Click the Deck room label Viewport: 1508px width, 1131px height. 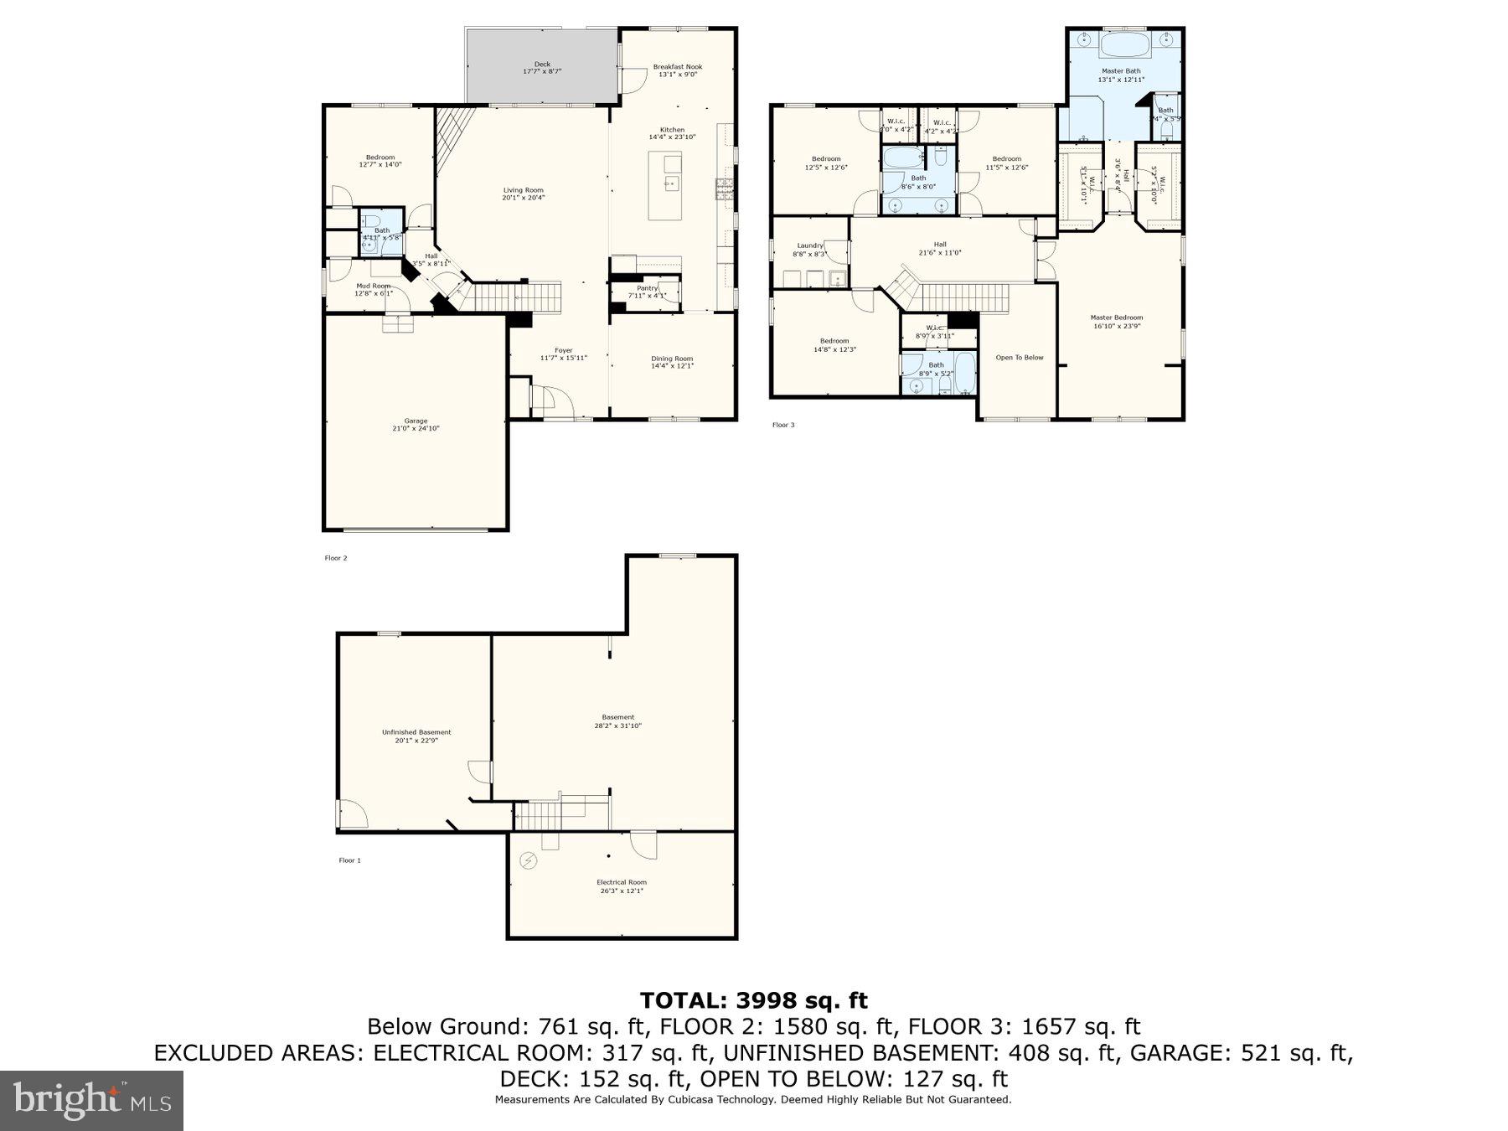pyautogui.click(x=542, y=64)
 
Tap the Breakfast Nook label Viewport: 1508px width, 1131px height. pyautogui.click(x=678, y=66)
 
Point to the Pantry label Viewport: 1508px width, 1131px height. pyautogui.click(x=647, y=288)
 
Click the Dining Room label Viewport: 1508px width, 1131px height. pyautogui.click(x=672, y=359)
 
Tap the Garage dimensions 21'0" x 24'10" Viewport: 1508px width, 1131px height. pyautogui.click(x=416, y=429)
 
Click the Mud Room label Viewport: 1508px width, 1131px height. pyautogui.click(x=373, y=286)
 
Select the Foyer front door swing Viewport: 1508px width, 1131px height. pyautogui.click(x=553, y=400)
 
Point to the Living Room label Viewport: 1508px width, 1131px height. pyautogui.click(x=523, y=190)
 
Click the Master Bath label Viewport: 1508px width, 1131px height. pyautogui.click(x=1121, y=71)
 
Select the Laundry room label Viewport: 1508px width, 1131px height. pyautogui.click(x=809, y=245)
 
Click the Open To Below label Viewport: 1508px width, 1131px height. pyautogui.click(x=1020, y=358)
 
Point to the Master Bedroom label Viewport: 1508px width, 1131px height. pyautogui.click(x=1116, y=318)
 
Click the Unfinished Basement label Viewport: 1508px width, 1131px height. pyautogui.click(x=416, y=732)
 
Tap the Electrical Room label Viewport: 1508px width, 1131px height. pyautogui.click(x=622, y=882)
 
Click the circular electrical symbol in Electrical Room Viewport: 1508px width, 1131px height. pyautogui.click(x=529, y=860)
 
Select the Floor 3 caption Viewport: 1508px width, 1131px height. pyautogui.click(x=783, y=426)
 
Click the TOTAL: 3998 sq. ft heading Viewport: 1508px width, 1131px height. pyautogui.click(x=753, y=1000)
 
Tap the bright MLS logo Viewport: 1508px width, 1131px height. pyautogui.click(x=91, y=1100)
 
